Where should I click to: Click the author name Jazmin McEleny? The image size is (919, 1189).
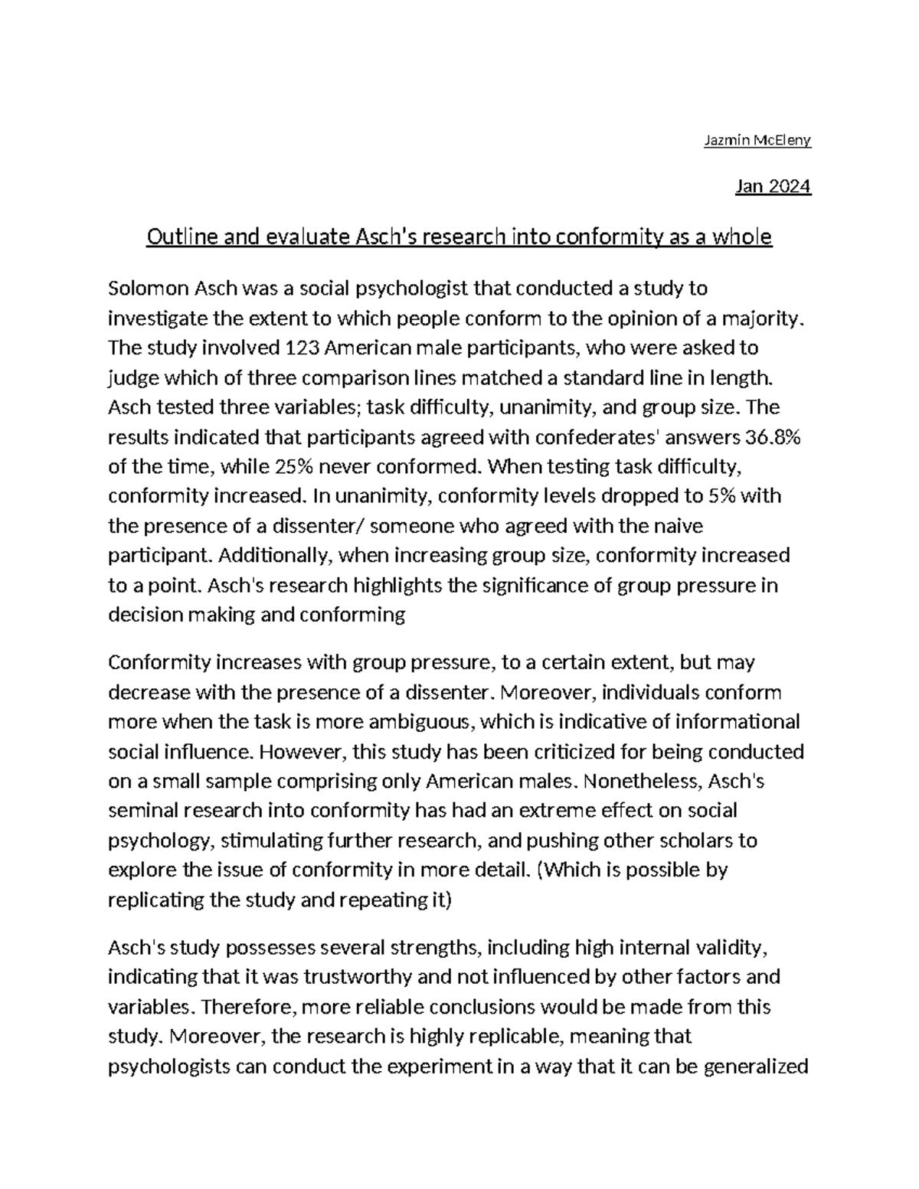tap(757, 140)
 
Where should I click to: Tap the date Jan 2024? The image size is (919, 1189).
tap(772, 187)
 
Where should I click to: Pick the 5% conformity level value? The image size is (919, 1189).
tap(723, 496)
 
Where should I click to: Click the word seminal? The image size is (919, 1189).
tap(141, 811)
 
